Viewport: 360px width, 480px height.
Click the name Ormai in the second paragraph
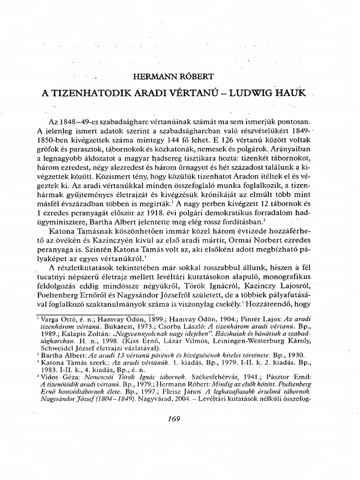pyautogui.click(x=238, y=241)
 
